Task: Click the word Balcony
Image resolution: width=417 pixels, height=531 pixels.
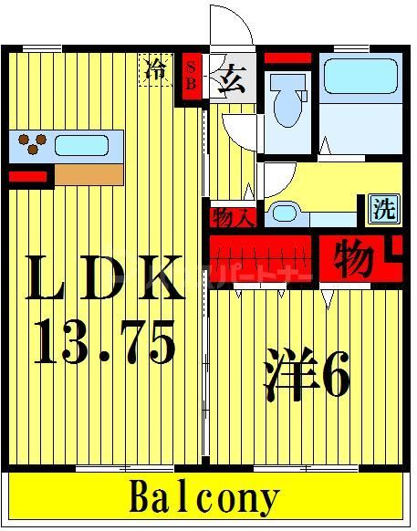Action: pyautogui.click(x=203, y=498)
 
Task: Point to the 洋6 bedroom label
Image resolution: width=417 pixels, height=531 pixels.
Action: pyautogui.click(x=306, y=375)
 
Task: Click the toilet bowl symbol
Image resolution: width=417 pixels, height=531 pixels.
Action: pyautogui.click(x=289, y=101)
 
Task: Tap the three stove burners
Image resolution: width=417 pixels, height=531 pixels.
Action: pyautogui.click(x=32, y=143)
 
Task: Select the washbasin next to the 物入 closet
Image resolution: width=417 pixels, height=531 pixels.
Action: pyautogui.click(x=285, y=213)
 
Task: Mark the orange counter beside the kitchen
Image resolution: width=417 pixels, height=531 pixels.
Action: pyautogui.click(x=89, y=173)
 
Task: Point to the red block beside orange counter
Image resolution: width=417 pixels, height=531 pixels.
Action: pyautogui.click(x=27, y=175)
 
